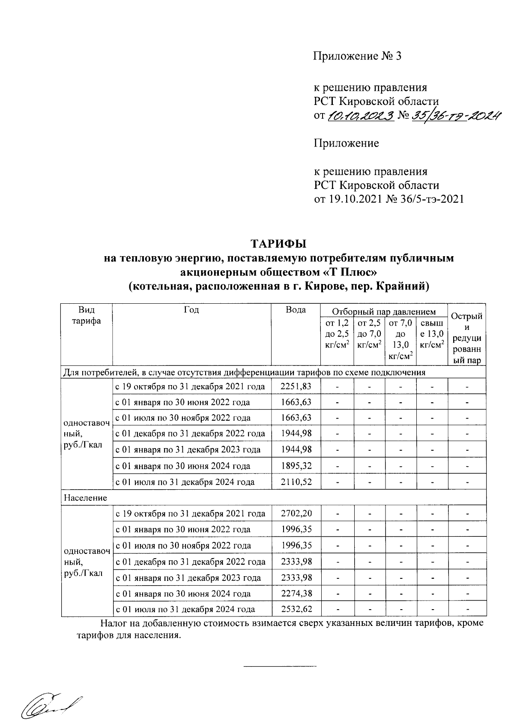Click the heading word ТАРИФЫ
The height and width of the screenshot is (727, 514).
tap(278, 244)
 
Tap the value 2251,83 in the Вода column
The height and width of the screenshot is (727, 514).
tap(296, 386)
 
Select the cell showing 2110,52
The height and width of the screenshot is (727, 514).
tap(296, 482)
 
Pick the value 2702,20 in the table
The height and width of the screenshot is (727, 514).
tap(296, 514)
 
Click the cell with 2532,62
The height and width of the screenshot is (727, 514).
tap(296, 609)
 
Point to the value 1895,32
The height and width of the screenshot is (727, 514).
tap(296, 466)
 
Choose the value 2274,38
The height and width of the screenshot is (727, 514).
tap(296, 594)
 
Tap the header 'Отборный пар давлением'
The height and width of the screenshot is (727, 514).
tap(384, 312)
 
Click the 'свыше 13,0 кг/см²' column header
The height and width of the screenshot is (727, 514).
tap(432, 333)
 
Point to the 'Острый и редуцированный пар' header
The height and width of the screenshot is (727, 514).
tap(467, 338)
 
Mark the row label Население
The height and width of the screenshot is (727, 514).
tap(85, 498)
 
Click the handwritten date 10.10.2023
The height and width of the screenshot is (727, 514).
tap(361, 116)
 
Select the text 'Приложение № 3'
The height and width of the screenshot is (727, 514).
tap(358, 56)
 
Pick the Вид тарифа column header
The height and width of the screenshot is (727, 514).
tap(86, 315)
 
